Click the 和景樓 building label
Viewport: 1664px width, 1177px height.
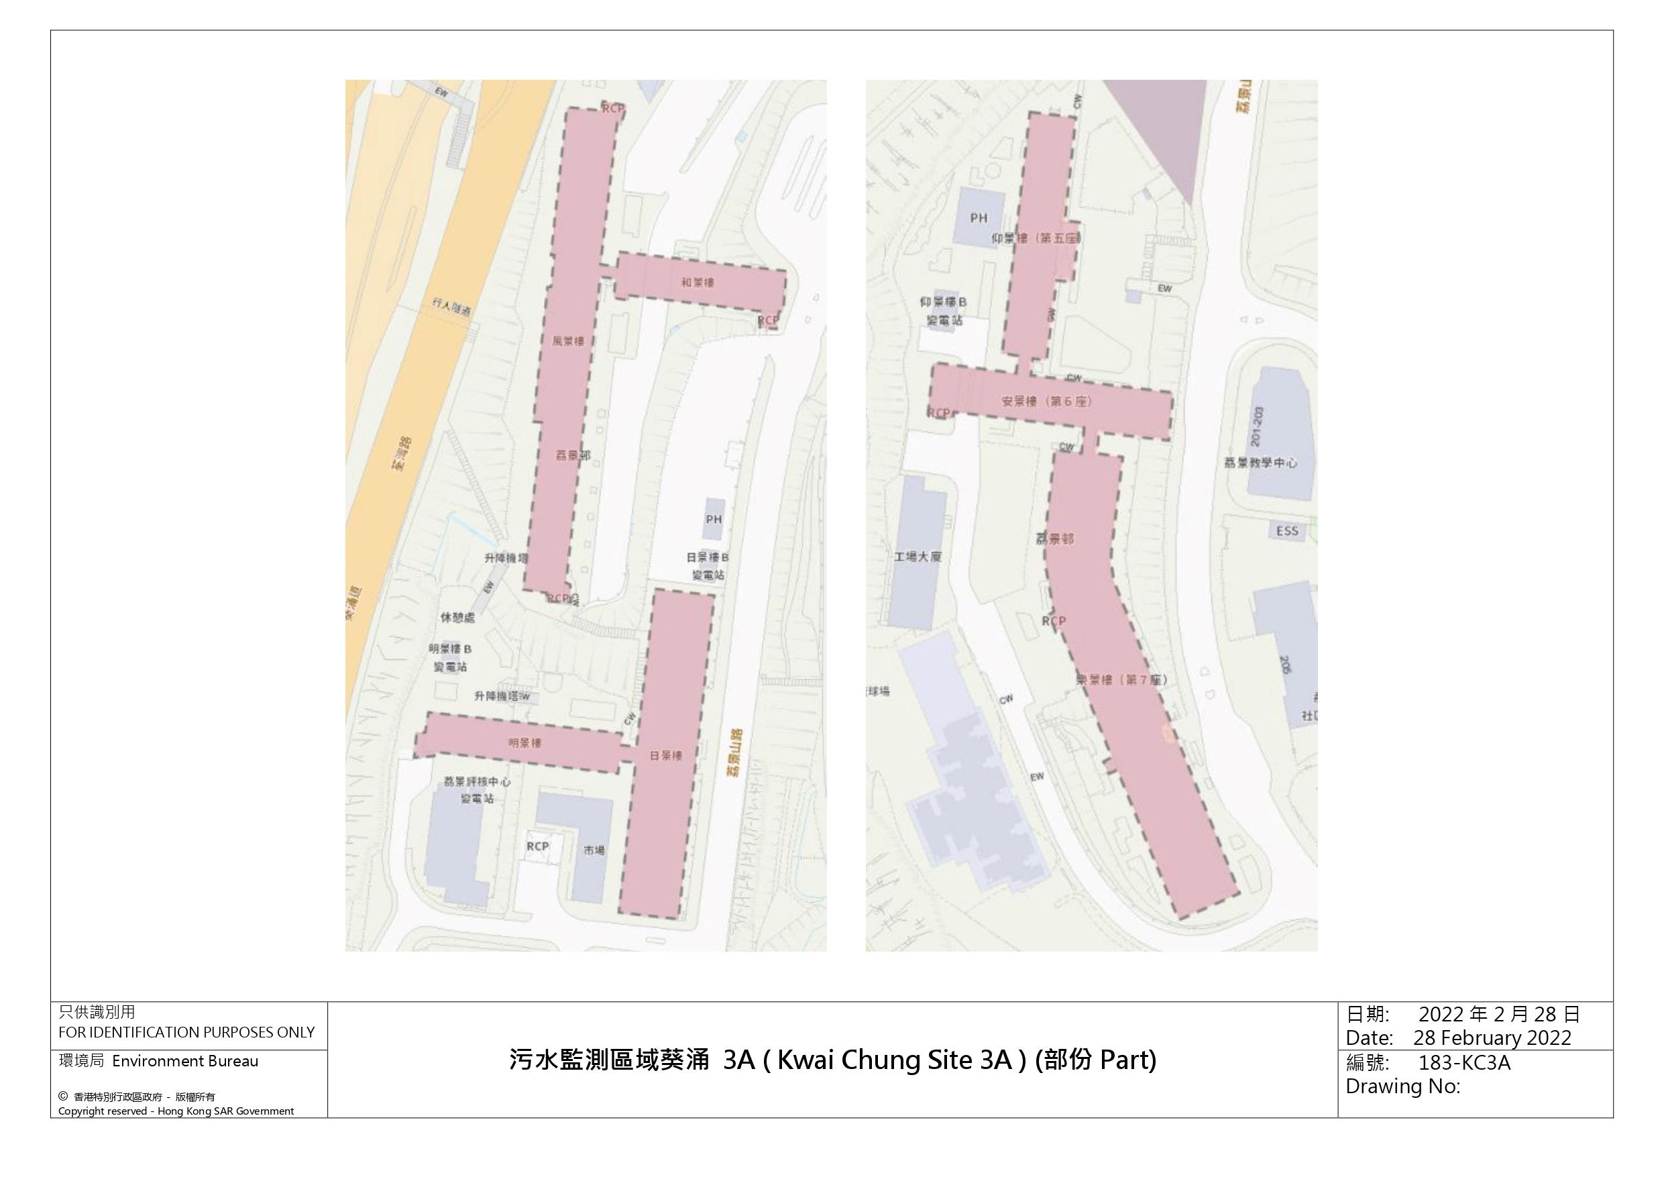[x=698, y=282]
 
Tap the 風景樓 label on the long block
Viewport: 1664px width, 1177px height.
[x=567, y=341]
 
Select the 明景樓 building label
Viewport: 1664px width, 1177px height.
[x=524, y=743]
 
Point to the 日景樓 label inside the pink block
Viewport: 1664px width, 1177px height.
[x=665, y=755]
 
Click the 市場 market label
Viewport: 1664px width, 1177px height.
[x=594, y=850]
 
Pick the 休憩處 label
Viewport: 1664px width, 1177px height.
[x=457, y=618]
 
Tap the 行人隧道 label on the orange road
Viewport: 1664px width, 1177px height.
[x=451, y=306]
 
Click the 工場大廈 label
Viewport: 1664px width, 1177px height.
[x=917, y=557]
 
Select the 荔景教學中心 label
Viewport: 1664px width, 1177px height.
[x=1260, y=462]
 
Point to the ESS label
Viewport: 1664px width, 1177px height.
[x=1286, y=531]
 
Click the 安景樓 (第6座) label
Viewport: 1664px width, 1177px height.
[x=1046, y=401]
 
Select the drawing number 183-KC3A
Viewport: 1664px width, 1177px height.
[x=1464, y=1062]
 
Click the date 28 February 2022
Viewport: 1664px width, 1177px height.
[x=1492, y=1038]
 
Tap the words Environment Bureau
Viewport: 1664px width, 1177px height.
[x=185, y=1061]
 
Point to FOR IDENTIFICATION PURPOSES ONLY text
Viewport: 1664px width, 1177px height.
[x=186, y=1032]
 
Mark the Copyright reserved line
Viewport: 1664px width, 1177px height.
[x=176, y=1111]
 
